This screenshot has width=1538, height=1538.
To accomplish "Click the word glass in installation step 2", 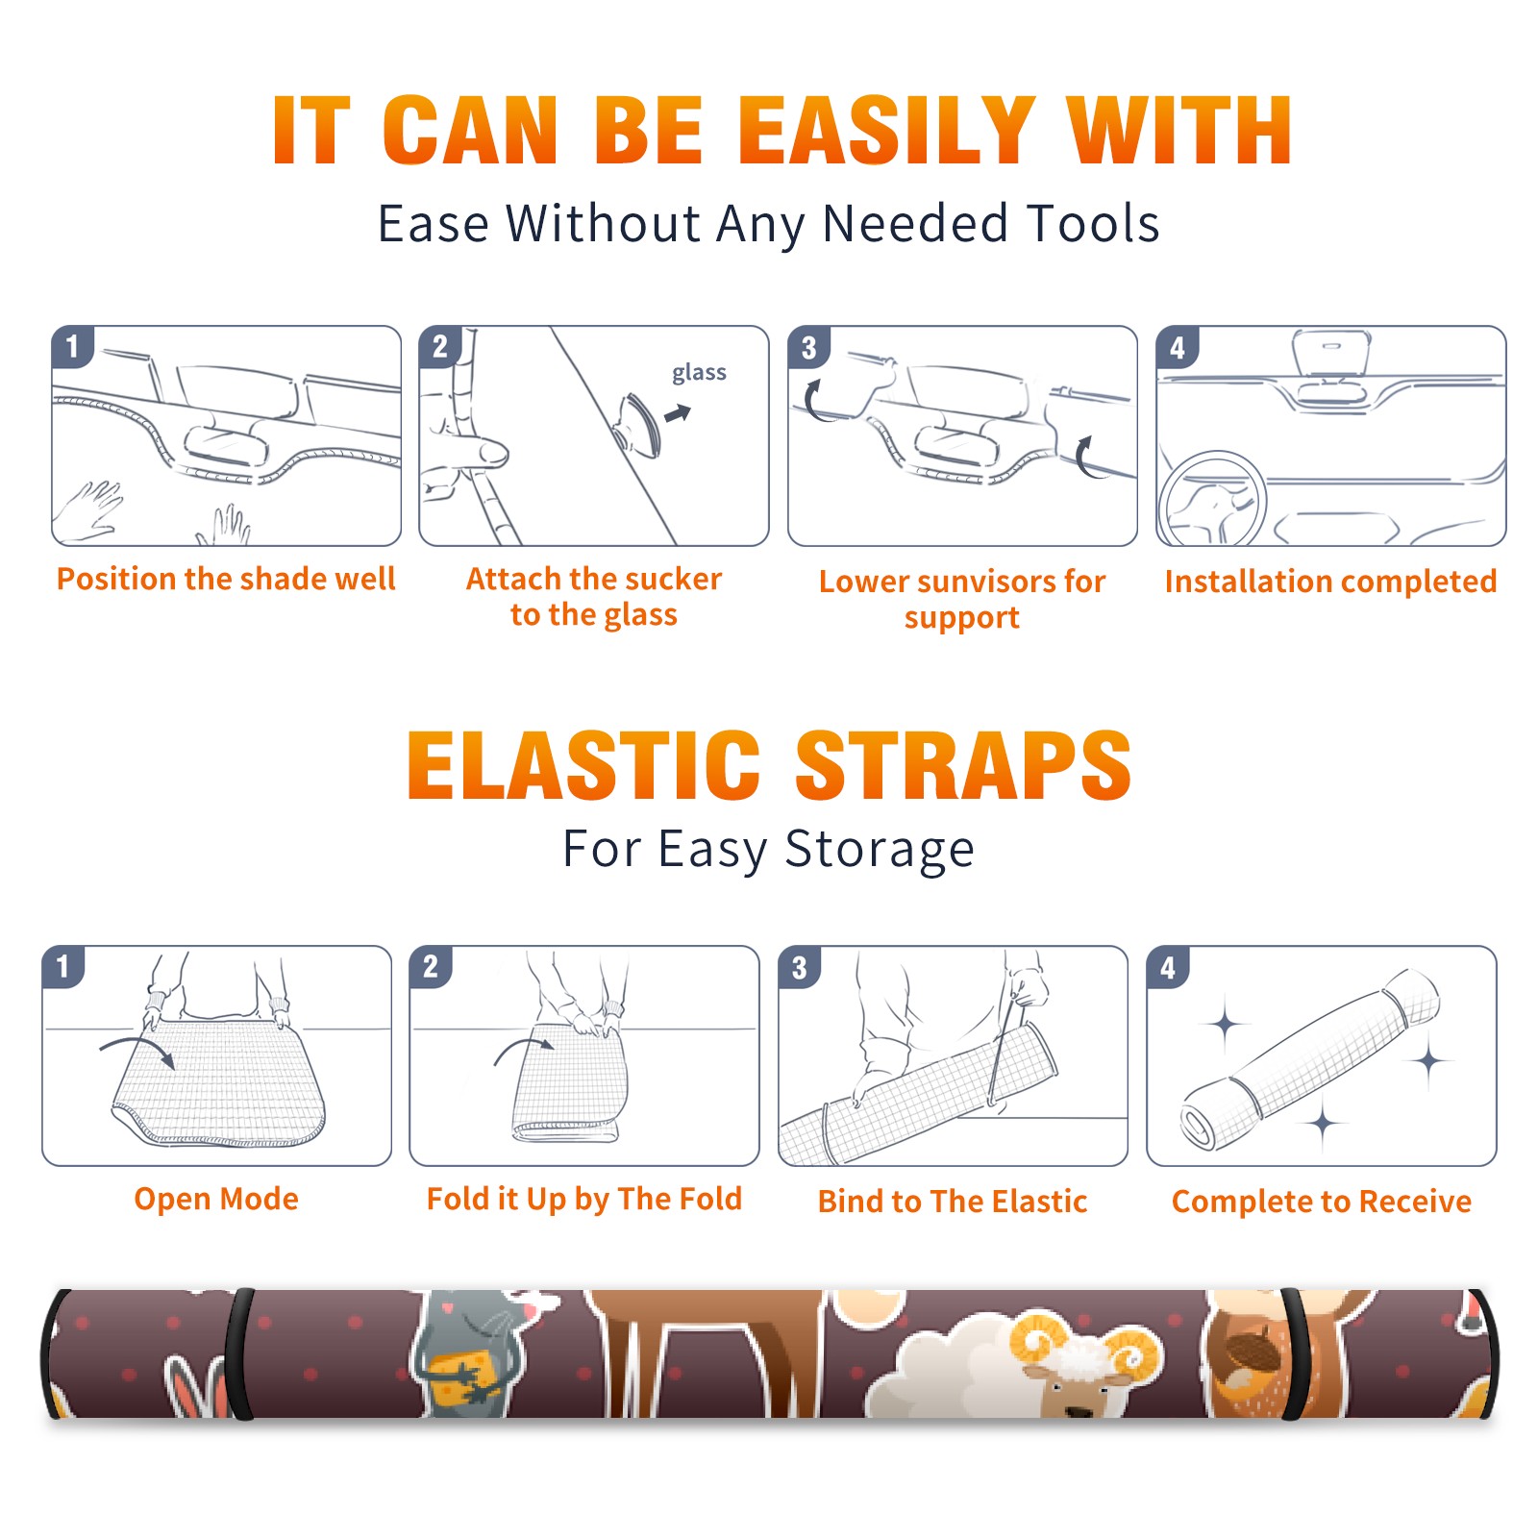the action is tap(699, 373).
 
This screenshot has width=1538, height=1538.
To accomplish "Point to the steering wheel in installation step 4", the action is tap(1211, 498).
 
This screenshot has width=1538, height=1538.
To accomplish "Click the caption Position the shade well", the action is tap(226, 579).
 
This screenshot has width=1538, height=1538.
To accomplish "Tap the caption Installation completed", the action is tap(1330, 582).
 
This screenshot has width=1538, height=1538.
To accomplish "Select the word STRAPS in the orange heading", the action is tap(963, 765).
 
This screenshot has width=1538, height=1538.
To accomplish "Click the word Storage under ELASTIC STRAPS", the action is tap(880, 850).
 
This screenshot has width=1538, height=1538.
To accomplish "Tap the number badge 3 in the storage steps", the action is tap(800, 967).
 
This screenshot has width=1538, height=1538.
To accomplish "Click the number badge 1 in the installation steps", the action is tap(73, 346).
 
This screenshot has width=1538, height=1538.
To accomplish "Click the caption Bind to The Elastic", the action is tap(953, 1202).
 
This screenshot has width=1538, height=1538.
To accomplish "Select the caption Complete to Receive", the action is tap(1322, 1202).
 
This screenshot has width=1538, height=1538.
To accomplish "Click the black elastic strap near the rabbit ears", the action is tap(240, 1353).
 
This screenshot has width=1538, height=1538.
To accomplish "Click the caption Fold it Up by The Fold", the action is tap(584, 1200).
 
